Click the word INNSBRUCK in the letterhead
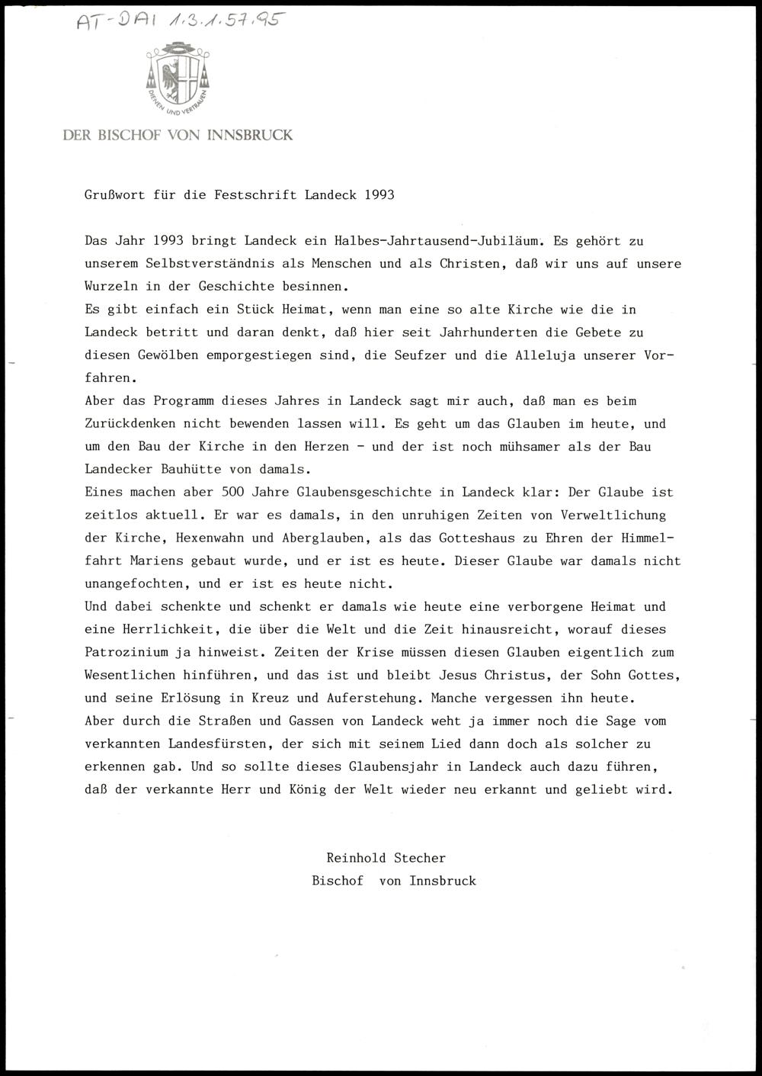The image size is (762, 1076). point(255,136)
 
